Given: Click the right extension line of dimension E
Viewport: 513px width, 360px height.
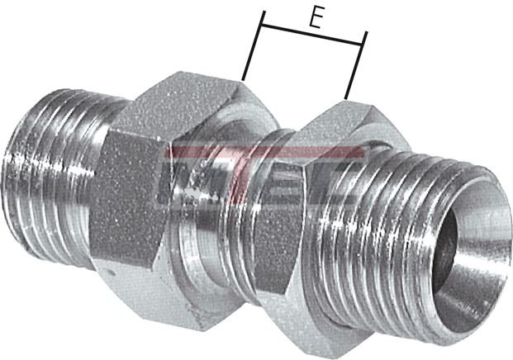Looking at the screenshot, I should tap(355, 66).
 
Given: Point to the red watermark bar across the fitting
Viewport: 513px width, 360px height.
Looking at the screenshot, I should tap(264, 153).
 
